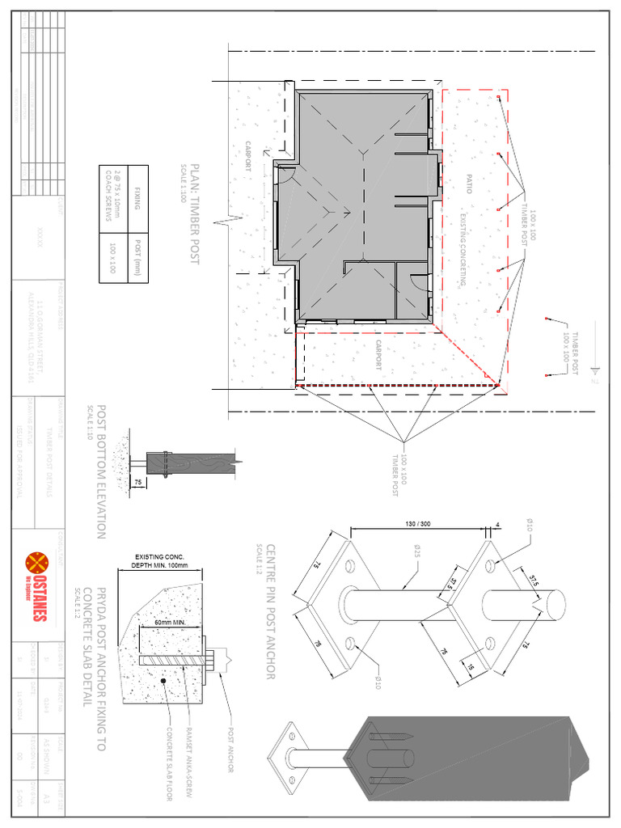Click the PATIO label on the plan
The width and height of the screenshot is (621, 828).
(468, 184)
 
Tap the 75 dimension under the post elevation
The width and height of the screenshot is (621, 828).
(138, 481)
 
